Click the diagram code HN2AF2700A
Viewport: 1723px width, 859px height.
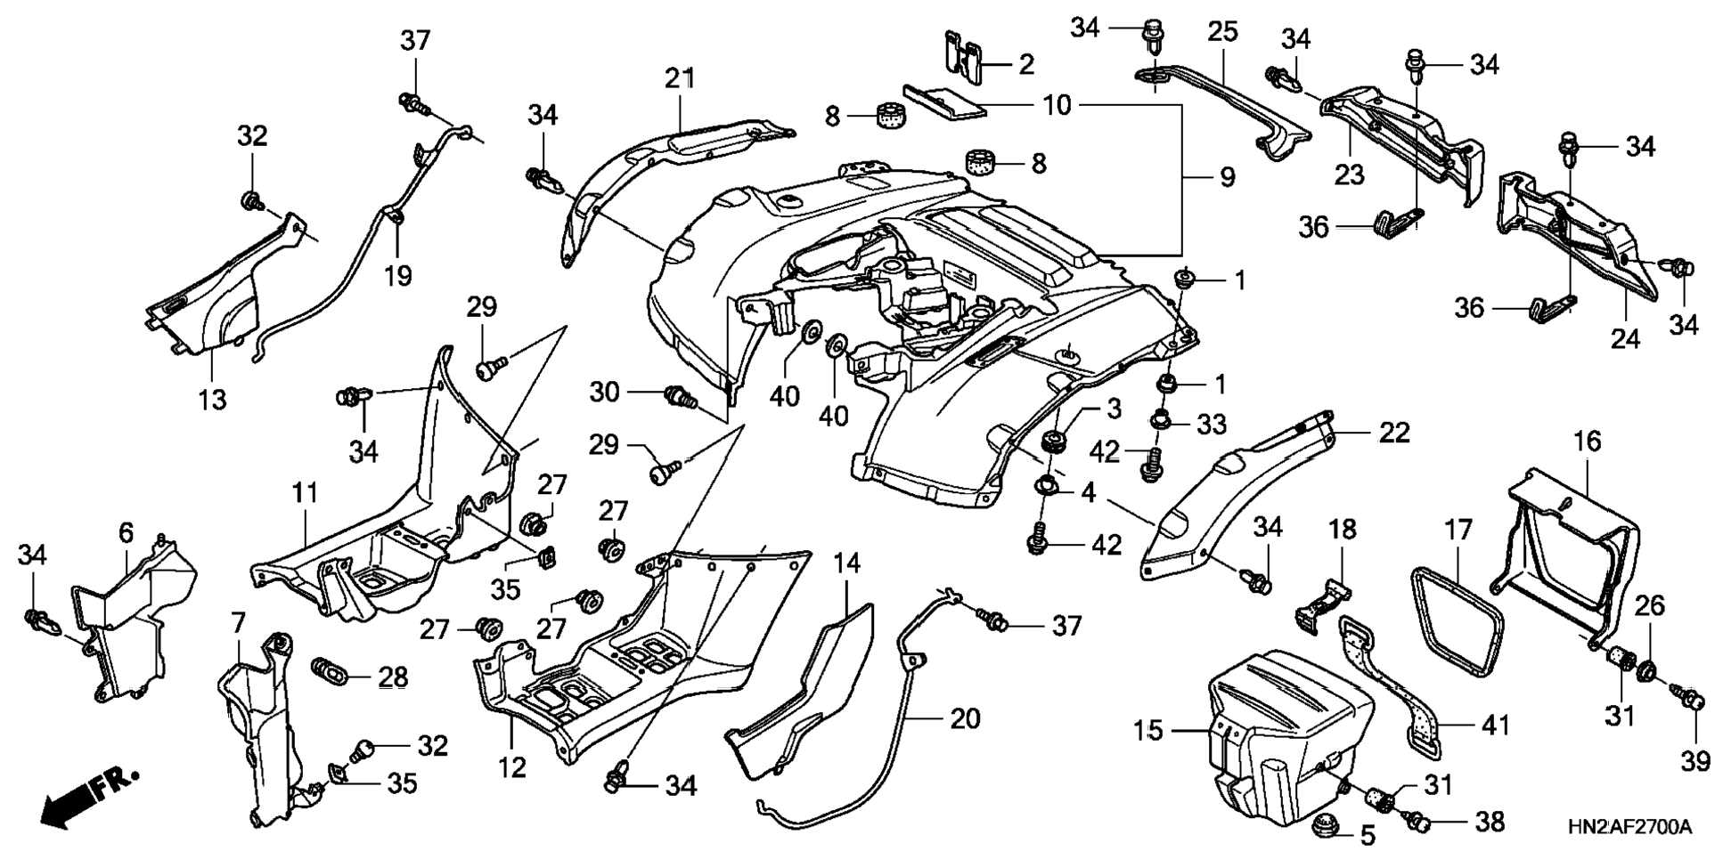[1629, 828]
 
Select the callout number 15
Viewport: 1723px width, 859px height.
[1147, 731]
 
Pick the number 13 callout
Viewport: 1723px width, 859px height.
[212, 400]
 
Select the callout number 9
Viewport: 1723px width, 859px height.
[1228, 177]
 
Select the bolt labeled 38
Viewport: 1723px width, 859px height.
[1417, 820]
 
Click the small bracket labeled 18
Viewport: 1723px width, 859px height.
[1320, 605]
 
